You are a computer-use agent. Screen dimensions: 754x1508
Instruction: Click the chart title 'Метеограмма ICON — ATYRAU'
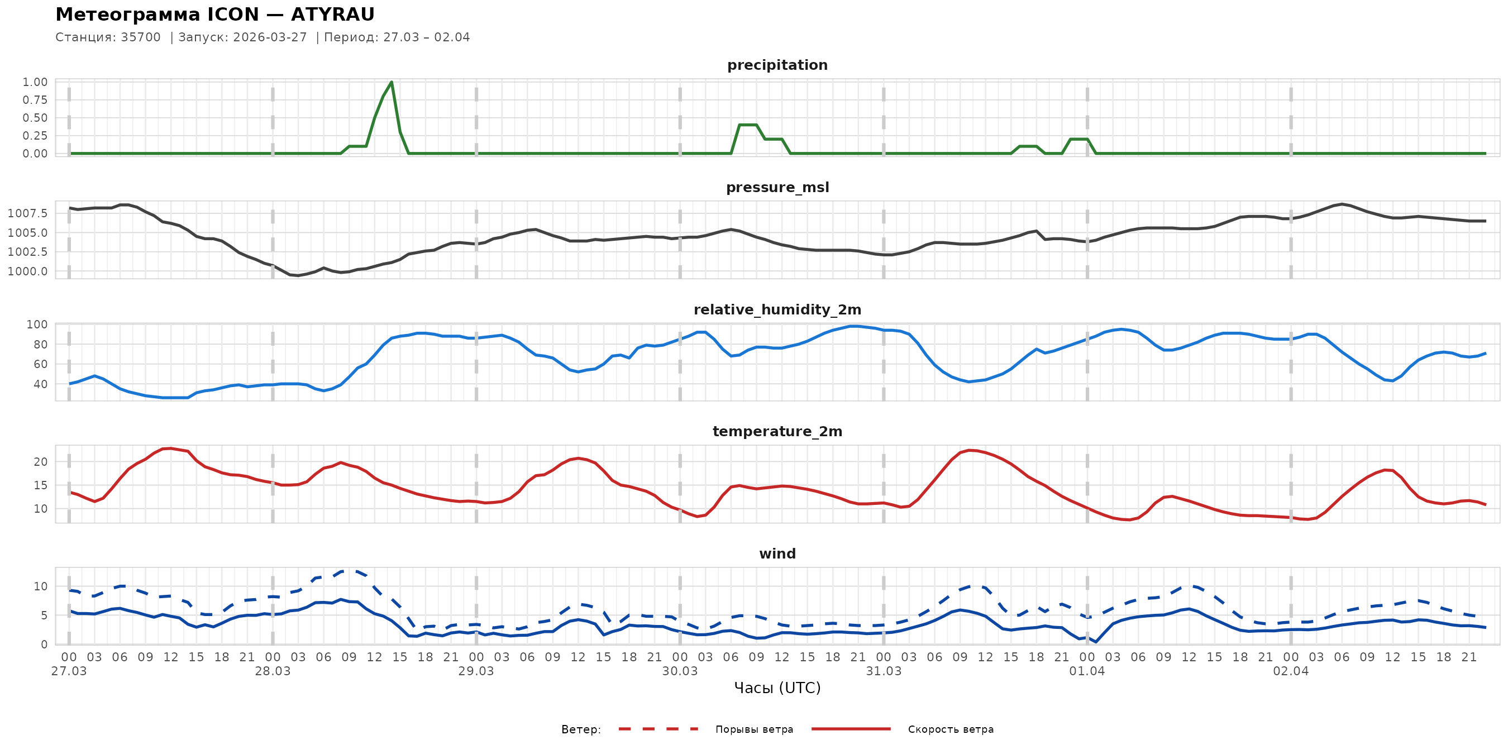tap(215, 15)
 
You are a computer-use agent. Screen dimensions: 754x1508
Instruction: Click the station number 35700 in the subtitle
tap(141, 37)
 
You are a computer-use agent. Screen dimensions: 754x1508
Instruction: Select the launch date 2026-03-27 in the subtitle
tap(270, 37)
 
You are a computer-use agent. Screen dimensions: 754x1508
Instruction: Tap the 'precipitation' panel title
tap(777, 65)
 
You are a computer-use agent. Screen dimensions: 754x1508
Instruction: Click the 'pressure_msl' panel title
tap(777, 187)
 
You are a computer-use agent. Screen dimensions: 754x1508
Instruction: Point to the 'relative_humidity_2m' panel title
tap(777, 309)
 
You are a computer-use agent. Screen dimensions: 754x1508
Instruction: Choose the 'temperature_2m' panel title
tap(777, 431)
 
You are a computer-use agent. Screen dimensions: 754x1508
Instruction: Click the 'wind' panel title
tap(777, 554)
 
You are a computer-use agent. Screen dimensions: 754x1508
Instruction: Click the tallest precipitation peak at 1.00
tap(391, 82)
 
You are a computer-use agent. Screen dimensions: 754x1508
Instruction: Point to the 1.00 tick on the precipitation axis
tap(35, 82)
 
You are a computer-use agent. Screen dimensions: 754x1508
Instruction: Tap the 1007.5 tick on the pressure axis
tap(28, 213)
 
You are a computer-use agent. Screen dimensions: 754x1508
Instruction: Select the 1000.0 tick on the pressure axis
tap(28, 271)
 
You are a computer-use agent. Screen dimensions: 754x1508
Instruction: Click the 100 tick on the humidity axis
tap(37, 324)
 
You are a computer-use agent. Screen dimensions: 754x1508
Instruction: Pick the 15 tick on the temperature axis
tap(40, 485)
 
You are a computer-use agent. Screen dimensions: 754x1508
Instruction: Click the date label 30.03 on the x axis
tap(680, 671)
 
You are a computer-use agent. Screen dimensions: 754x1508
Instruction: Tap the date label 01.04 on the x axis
tap(1087, 671)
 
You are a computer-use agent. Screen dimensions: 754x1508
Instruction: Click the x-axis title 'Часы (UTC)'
tap(777, 688)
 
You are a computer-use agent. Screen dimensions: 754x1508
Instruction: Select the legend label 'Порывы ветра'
tap(754, 729)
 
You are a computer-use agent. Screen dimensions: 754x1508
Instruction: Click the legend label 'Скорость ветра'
tap(951, 729)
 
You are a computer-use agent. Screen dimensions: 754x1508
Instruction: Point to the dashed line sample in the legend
tap(658, 729)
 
